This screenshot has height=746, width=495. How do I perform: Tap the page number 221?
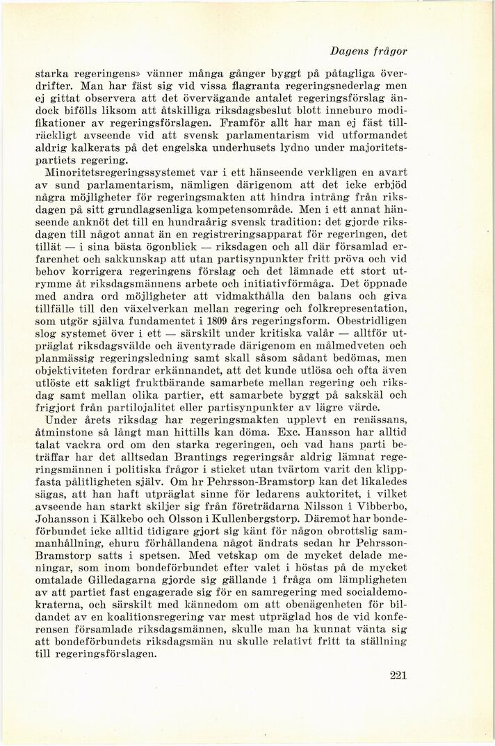(x=394, y=674)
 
